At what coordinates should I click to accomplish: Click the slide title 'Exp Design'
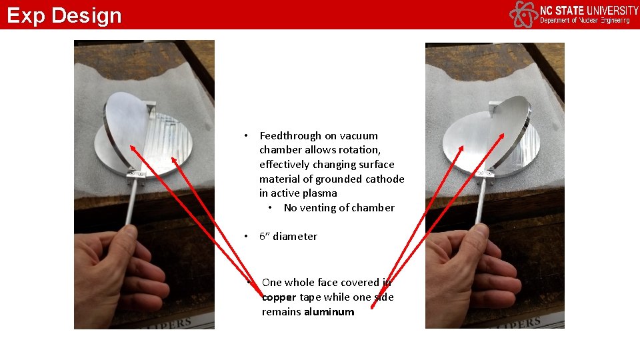[65, 15]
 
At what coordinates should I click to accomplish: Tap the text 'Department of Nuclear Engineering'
[584, 21]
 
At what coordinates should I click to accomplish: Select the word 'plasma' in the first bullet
[321, 193]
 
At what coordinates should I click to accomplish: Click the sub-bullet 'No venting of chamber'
[339, 208]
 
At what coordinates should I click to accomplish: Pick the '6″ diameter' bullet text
[288, 237]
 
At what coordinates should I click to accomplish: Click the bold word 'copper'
[279, 297]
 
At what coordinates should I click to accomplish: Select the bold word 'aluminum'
[329, 312]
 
